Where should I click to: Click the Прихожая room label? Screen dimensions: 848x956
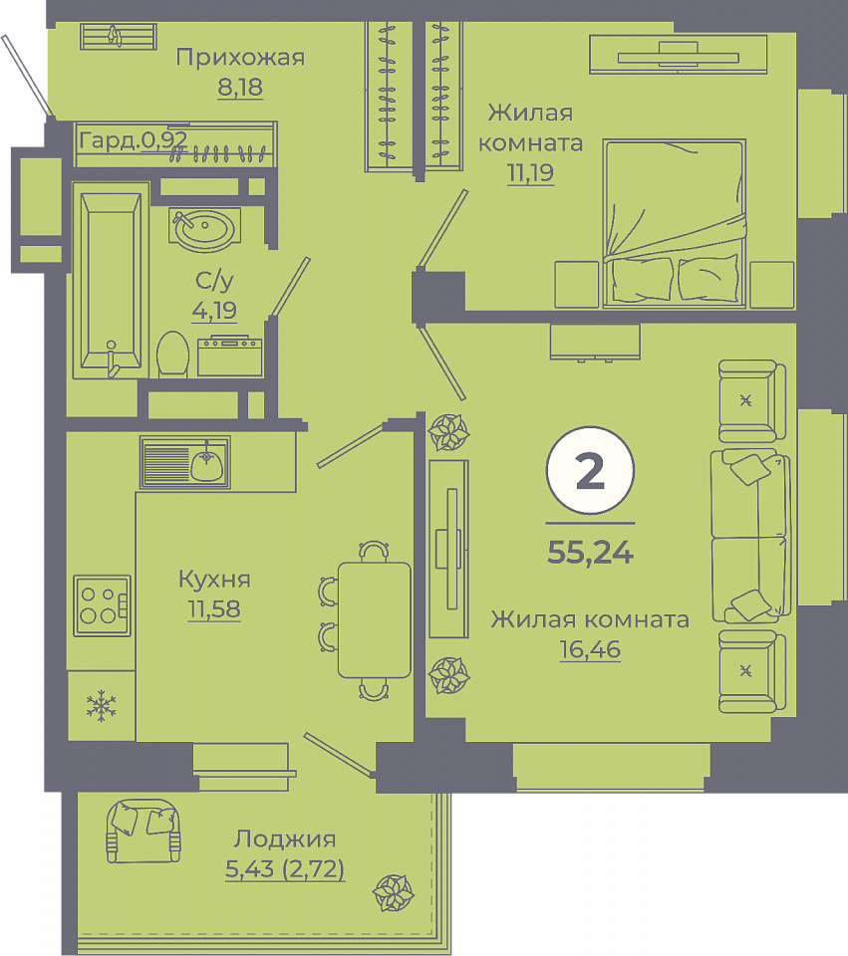(x=240, y=58)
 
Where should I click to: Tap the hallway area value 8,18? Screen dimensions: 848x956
(x=240, y=88)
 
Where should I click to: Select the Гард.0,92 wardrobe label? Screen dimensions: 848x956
(x=133, y=140)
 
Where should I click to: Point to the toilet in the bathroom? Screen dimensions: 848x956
(x=172, y=355)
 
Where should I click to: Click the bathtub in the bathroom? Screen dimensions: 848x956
(x=111, y=281)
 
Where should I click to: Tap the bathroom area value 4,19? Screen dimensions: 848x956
(x=214, y=311)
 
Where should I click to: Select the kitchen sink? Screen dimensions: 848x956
(x=185, y=462)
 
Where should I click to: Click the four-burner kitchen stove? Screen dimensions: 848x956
(x=102, y=605)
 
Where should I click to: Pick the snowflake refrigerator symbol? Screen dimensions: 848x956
(x=102, y=706)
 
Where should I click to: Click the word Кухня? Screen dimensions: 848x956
(x=214, y=580)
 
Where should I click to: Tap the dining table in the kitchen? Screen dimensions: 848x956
(x=374, y=620)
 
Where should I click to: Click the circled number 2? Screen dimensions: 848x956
(x=590, y=471)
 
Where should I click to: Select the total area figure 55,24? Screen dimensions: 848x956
(x=590, y=553)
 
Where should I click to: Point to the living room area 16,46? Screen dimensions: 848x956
(x=590, y=650)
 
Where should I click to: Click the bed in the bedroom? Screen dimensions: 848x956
(x=675, y=223)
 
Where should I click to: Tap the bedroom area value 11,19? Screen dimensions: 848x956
(x=530, y=173)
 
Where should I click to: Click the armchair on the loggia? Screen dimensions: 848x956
(x=143, y=831)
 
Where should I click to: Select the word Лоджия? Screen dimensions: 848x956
(x=285, y=839)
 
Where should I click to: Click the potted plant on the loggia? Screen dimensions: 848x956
(x=394, y=892)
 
